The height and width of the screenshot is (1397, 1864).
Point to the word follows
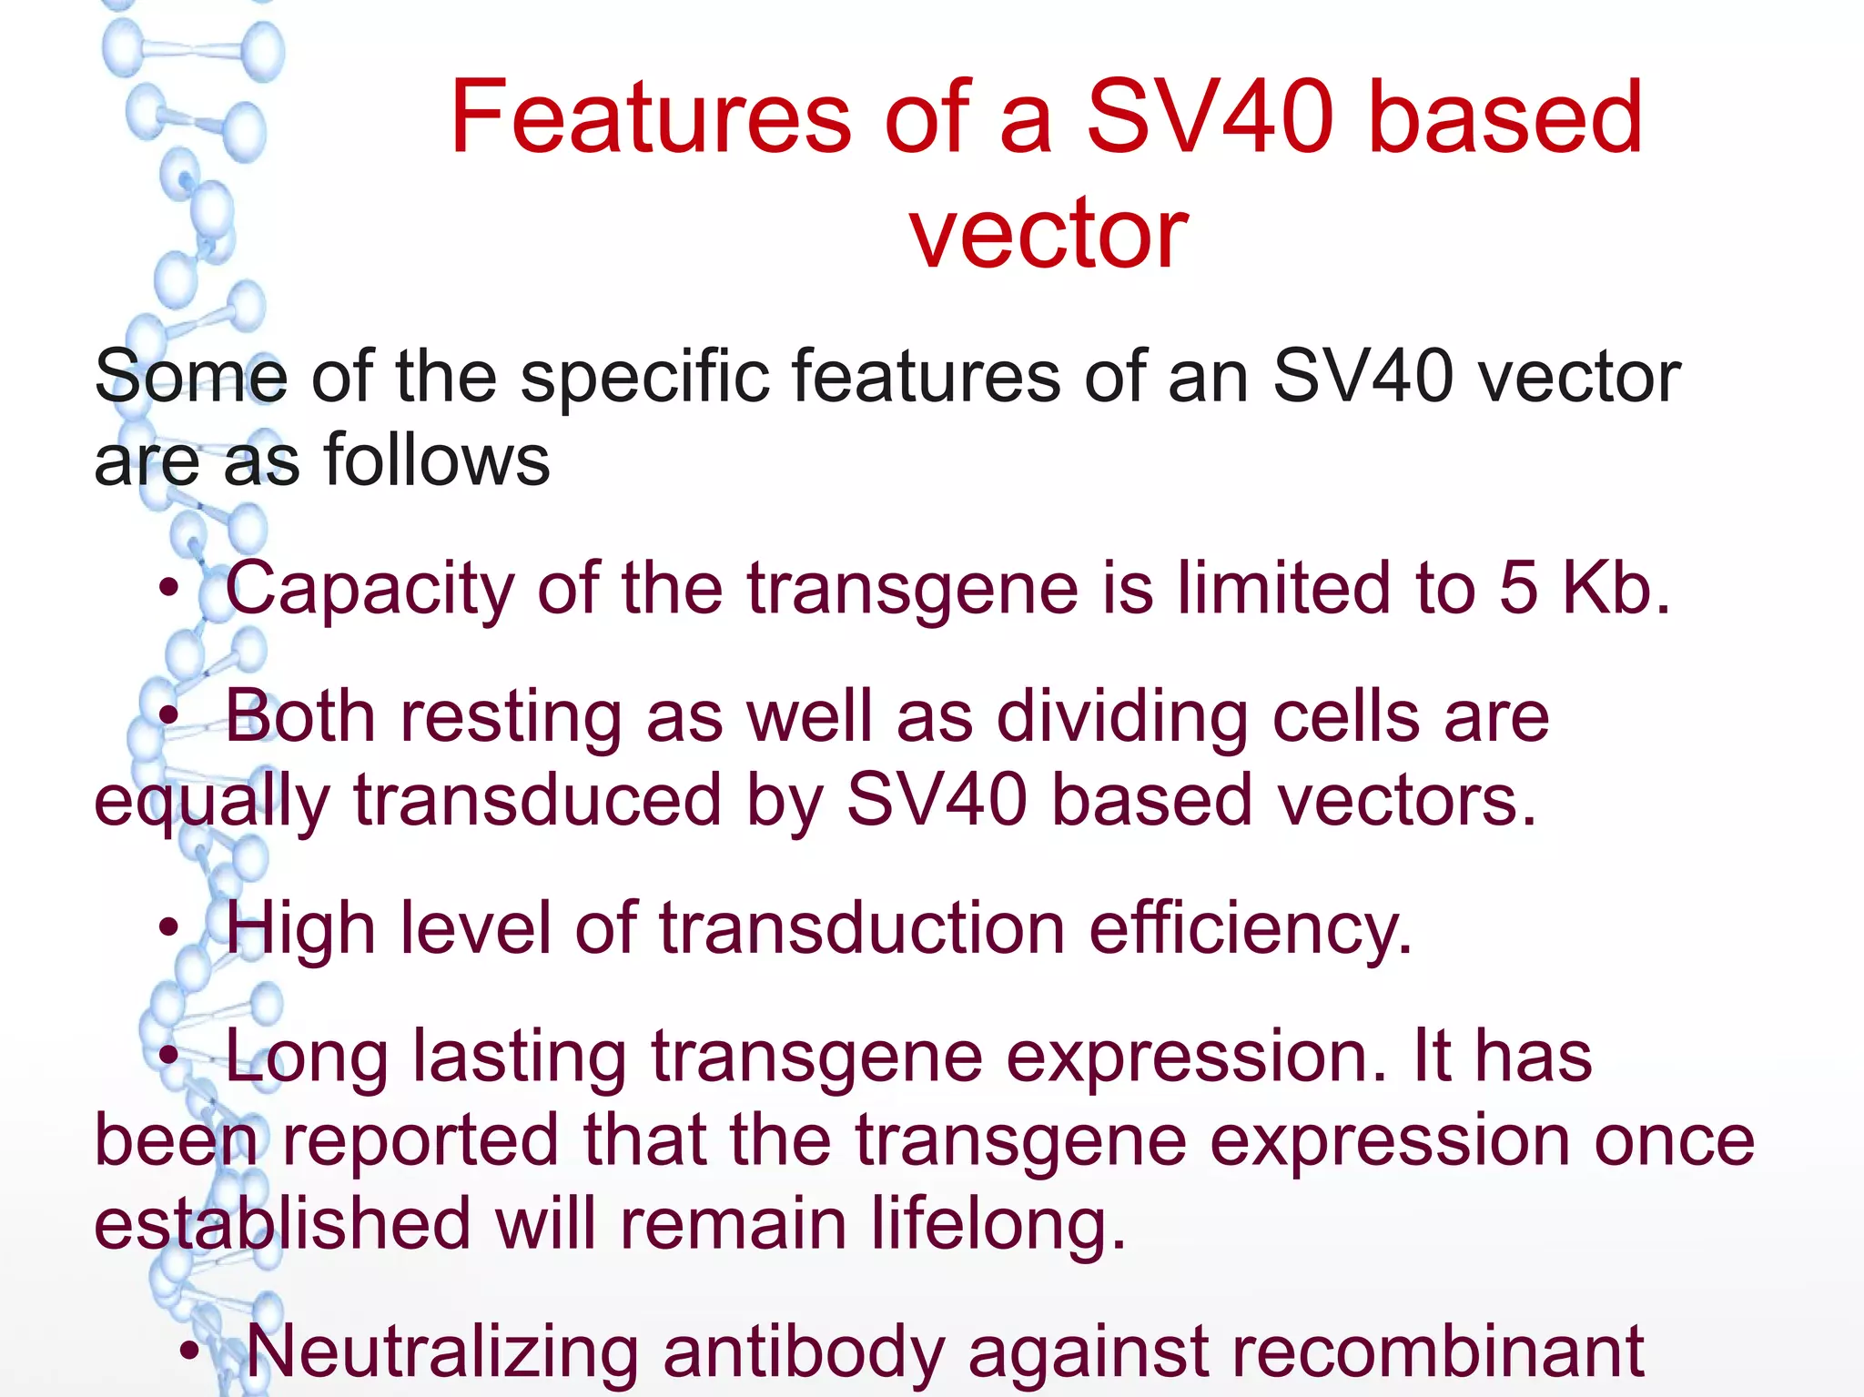[437, 461]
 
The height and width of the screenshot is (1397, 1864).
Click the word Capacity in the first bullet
[370, 590]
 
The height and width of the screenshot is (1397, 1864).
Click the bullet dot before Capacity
[167, 590]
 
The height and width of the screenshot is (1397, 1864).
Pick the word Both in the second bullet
[300, 717]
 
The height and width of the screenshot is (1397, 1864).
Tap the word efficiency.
[1251, 930]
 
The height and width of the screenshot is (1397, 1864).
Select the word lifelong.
[998, 1225]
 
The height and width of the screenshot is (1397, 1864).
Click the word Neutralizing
[442, 1352]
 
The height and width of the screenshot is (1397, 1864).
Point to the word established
[282, 1225]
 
